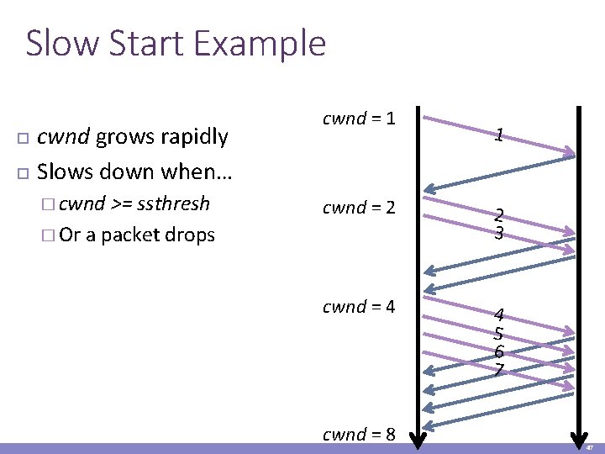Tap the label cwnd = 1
359,119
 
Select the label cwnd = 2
359,207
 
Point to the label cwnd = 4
359,307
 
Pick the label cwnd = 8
359,434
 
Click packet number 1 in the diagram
499,135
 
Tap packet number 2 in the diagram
499,216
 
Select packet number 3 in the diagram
499,233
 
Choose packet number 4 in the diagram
499,315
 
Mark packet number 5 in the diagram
499,334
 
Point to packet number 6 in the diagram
499,352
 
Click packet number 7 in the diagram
499,370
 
